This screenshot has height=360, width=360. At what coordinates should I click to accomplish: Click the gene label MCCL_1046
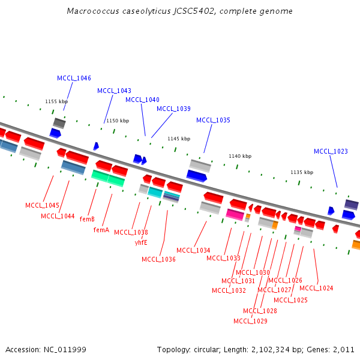[x=74, y=78]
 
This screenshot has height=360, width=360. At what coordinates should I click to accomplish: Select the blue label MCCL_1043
[x=114, y=91]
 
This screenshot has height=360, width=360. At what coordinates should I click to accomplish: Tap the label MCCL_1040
[x=142, y=100]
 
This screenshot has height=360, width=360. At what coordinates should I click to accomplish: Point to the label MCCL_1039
[x=173, y=109]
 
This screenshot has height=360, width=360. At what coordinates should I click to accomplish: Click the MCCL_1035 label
[x=213, y=120]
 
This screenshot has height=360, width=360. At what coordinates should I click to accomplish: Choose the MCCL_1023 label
[x=331, y=151]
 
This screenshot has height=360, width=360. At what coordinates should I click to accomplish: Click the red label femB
[x=87, y=220]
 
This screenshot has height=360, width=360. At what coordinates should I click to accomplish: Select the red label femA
[x=101, y=230]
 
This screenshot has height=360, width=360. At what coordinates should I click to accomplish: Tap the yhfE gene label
[x=141, y=242]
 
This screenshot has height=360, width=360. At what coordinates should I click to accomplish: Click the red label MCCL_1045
[x=42, y=205]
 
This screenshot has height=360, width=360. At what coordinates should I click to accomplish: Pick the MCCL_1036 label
[x=158, y=259]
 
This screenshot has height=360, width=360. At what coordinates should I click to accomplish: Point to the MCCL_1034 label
[x=193, y=250]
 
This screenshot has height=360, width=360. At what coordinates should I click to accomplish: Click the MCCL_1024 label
[x=316, y=288]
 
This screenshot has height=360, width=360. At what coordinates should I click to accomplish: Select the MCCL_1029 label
[x=250, y=321]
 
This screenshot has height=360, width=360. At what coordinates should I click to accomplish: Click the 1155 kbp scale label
[x=56, y=101]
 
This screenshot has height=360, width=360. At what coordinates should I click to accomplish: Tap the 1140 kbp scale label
[x=240, y=156]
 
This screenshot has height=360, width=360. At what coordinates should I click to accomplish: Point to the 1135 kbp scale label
[x=302, y=172]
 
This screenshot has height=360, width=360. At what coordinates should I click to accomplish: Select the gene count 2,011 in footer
[x=343, y=349]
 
